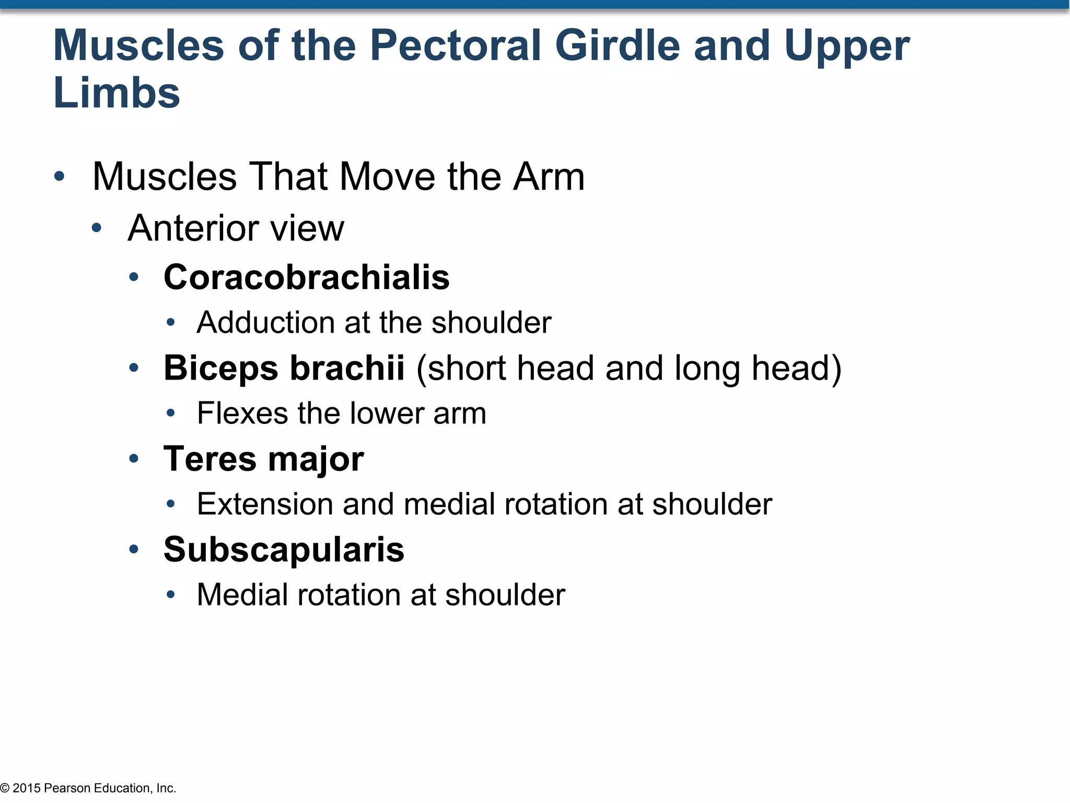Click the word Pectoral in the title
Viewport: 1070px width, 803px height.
pos(455,46)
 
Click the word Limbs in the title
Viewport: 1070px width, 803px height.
pos(117,94)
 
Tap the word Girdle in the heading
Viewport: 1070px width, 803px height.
pos(617,46)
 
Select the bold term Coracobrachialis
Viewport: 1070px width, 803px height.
pos(306,277)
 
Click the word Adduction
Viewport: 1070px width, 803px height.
pos(265,323)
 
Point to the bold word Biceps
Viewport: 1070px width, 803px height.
pos(220,368)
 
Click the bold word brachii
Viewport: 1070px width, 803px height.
pos(347,368)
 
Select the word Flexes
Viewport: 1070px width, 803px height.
pos(241,414)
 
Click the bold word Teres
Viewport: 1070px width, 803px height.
pos(209,459)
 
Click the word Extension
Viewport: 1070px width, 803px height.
pos(264,504)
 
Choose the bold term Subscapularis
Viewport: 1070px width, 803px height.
pos(284,550)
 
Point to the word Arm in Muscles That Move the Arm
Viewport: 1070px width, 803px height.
pos(548,177)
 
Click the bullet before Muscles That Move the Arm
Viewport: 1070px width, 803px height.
pos(59,176)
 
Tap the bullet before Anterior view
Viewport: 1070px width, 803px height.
pos(96,228)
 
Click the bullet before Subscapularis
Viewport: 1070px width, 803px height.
pos(134,549)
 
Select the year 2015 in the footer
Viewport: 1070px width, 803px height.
pos(26,788)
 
